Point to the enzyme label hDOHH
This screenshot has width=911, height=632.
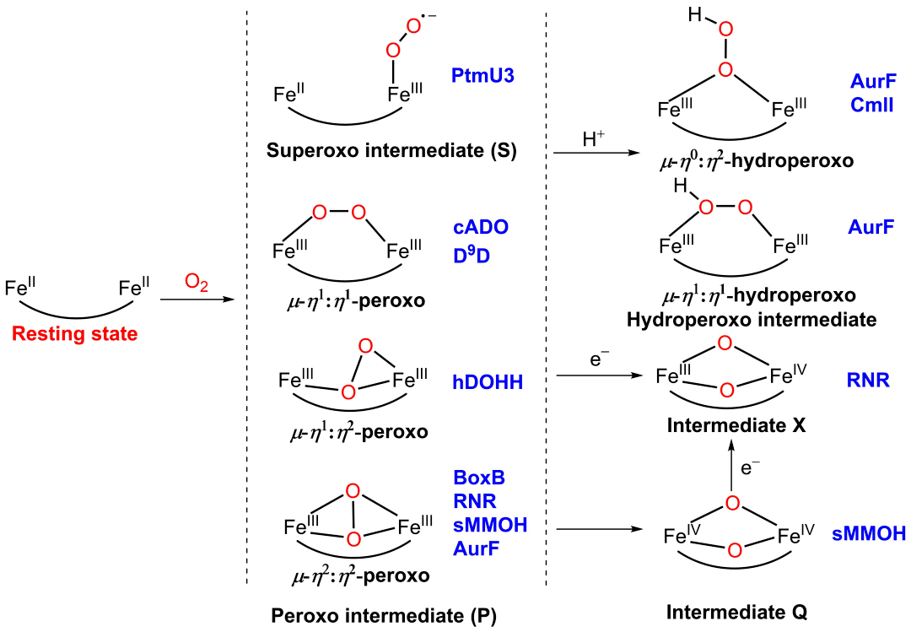(x=486, y=383)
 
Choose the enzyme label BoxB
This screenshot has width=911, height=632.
(x=477, y=478)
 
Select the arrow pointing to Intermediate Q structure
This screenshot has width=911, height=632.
(x=594, y=530)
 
